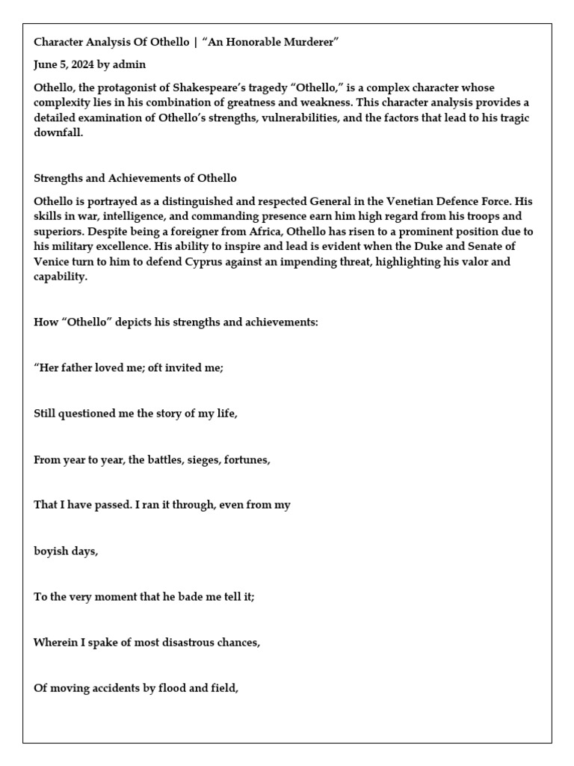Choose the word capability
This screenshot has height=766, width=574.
(x=60, y=276)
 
